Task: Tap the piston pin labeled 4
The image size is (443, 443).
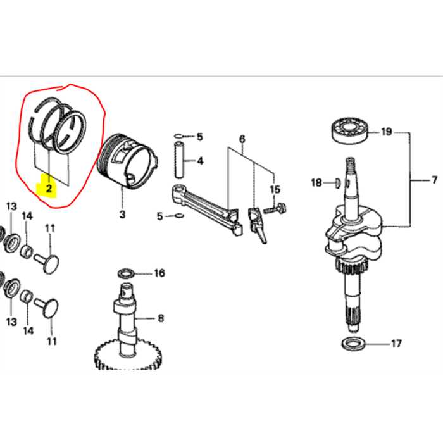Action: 180,160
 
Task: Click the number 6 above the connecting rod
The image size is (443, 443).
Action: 242,139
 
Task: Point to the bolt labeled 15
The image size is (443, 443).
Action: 275,208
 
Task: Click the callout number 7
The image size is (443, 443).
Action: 434,180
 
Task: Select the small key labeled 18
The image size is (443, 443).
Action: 337,183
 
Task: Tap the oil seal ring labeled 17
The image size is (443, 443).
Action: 353,344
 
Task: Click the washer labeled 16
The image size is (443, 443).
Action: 126,273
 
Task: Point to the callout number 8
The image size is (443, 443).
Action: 161,318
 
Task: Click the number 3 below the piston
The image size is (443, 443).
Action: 122,214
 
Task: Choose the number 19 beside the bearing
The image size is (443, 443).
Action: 386,132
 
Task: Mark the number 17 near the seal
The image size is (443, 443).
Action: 396,344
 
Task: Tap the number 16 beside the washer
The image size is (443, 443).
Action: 159,273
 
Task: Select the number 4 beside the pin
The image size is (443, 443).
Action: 200,161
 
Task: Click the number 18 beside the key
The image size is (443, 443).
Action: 316,182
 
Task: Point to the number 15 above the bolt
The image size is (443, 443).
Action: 275,189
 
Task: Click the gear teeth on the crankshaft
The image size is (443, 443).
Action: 351,266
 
